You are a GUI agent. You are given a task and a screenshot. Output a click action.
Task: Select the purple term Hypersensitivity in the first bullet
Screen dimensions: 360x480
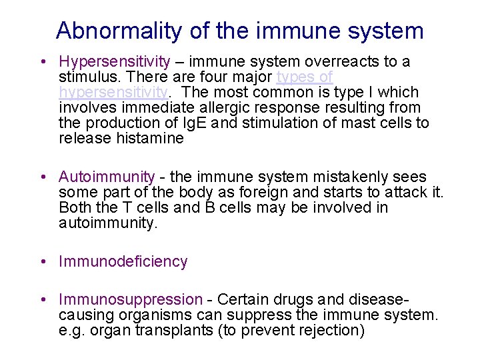pos(114,62)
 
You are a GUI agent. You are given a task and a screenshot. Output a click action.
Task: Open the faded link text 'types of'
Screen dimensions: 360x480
pos(304,77)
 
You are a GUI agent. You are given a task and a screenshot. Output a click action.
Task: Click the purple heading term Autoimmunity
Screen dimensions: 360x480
pos(107,177)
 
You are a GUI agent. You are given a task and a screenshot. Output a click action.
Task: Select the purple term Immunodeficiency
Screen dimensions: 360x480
pos(123,261)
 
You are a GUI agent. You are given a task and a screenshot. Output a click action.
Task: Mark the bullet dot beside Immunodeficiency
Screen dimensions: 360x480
pos(43,261)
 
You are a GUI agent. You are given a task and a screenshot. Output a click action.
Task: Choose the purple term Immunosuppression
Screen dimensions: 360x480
pos(130,300)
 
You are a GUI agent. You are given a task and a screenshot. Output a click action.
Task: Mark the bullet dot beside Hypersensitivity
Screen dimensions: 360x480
pos(43,62)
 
